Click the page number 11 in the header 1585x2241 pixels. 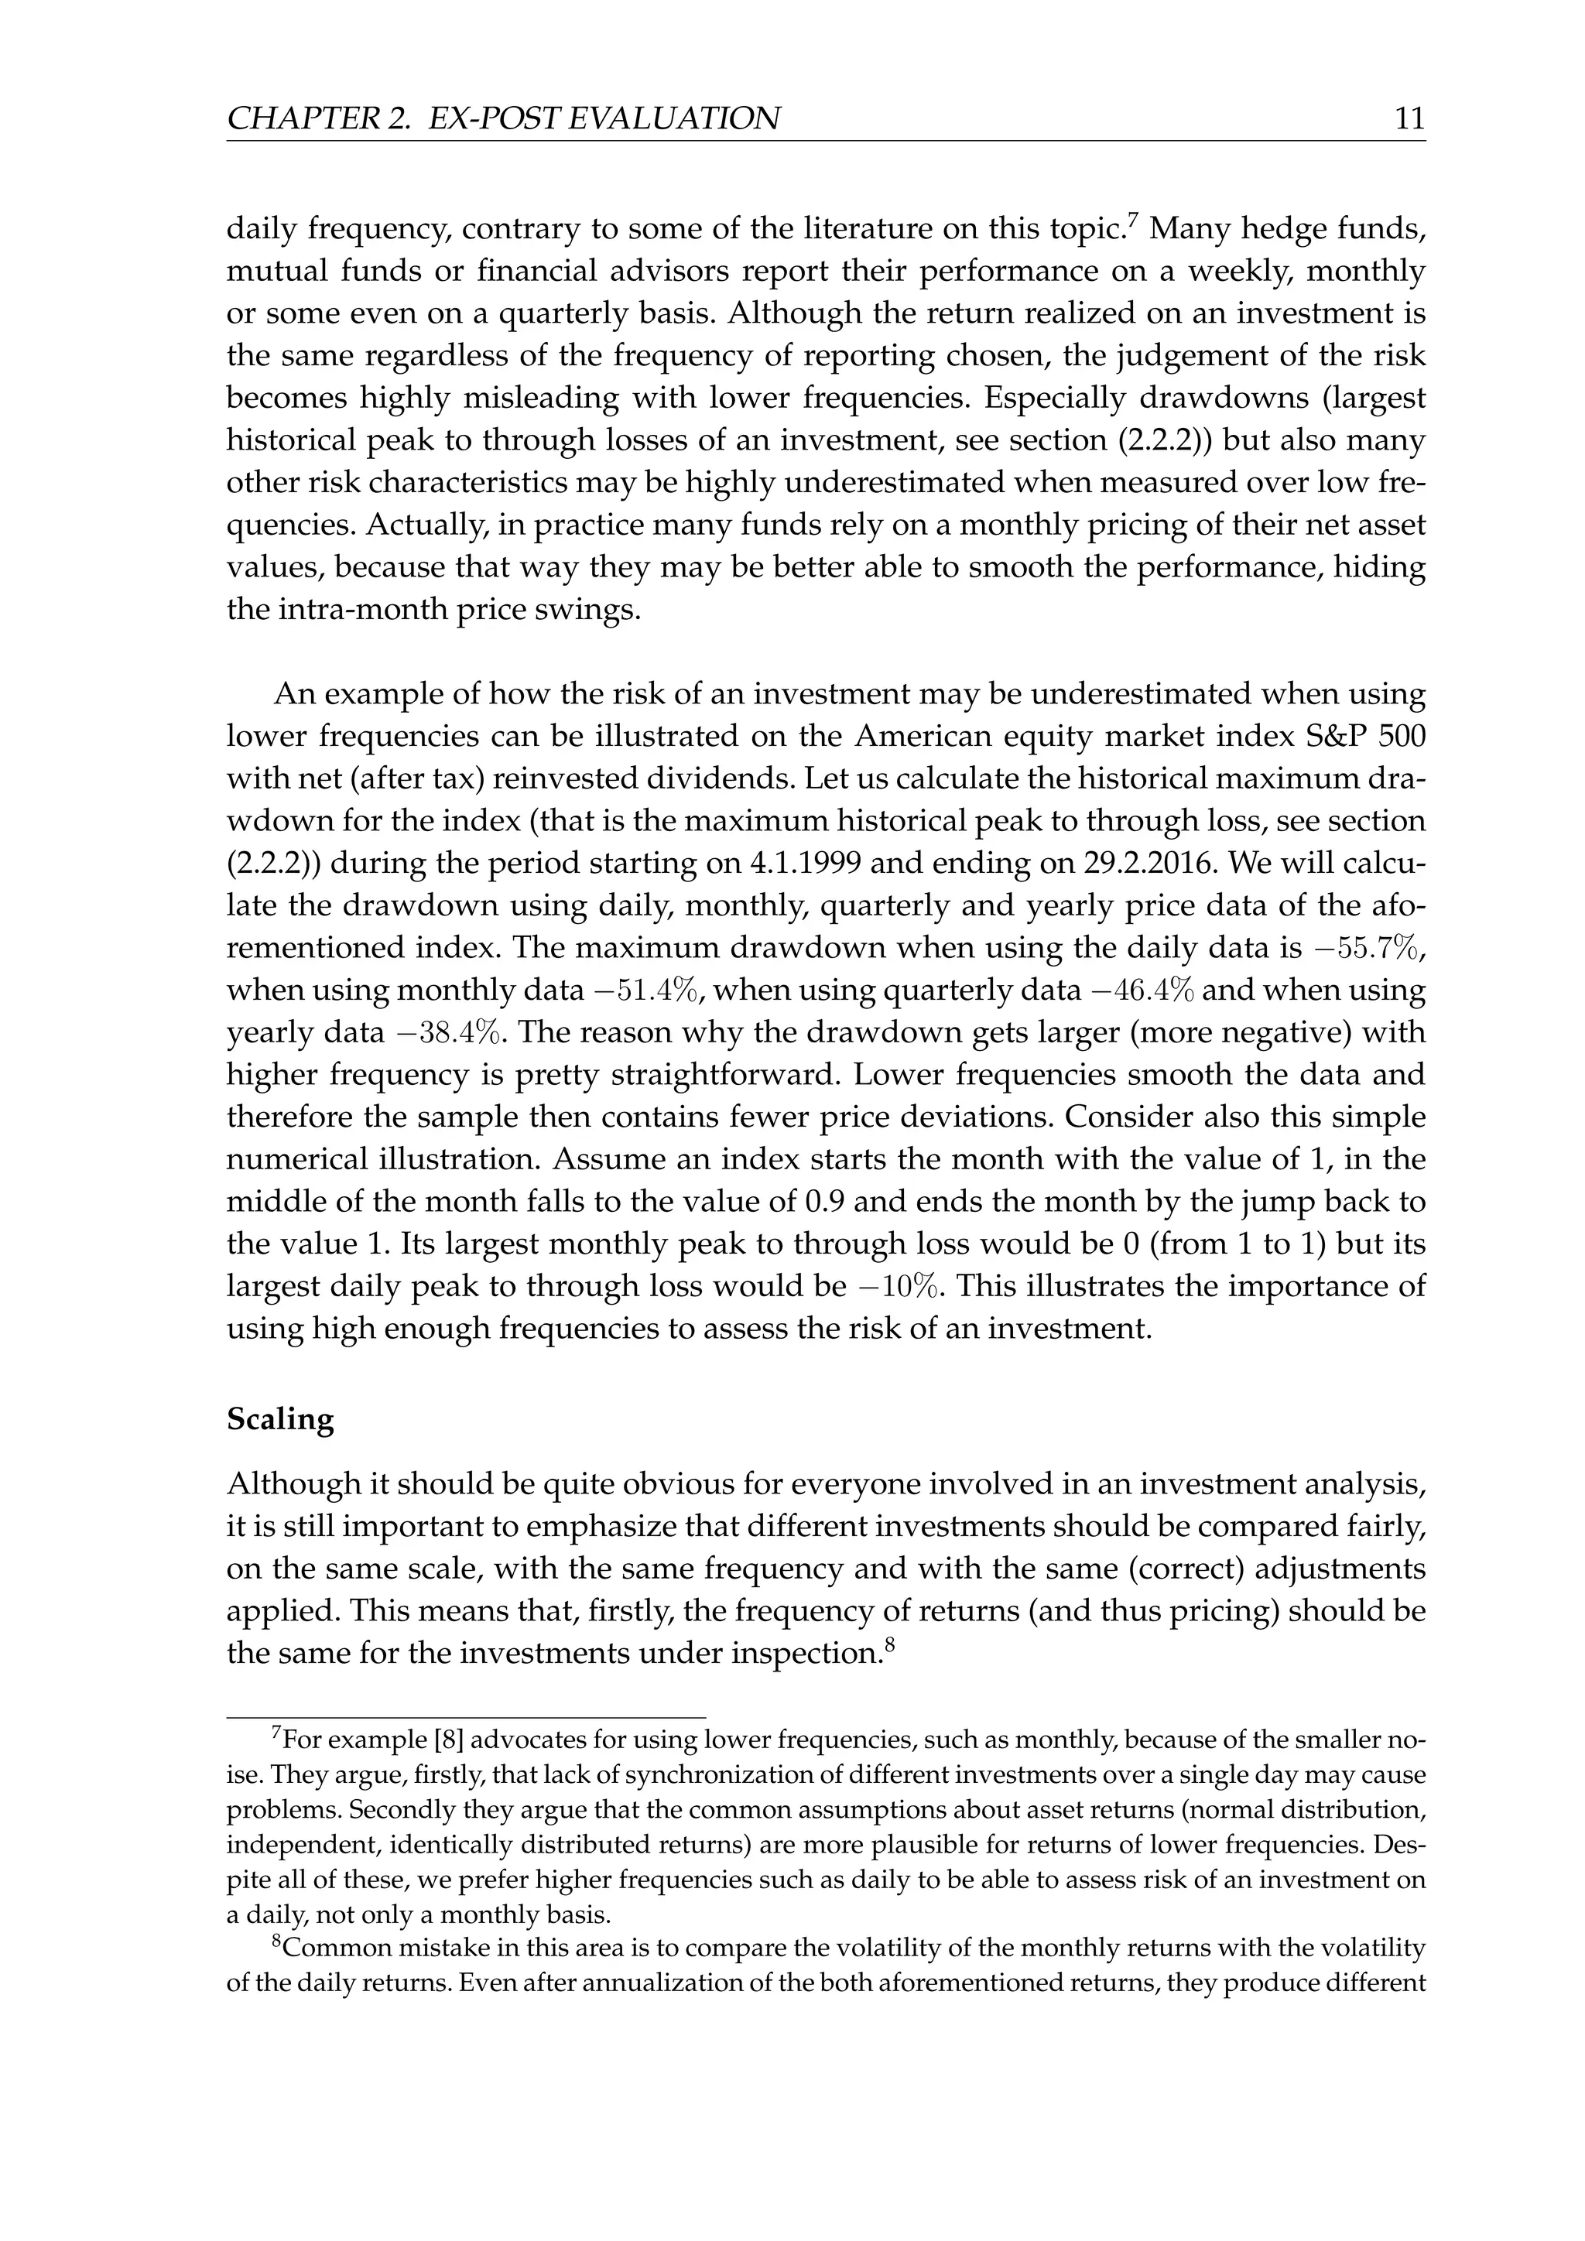tap(1409, 119)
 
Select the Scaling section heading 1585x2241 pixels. tap(280, 1419)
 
